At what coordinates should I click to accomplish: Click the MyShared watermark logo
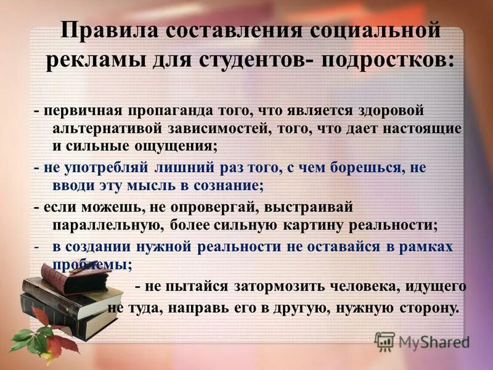tap(422, 341)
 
